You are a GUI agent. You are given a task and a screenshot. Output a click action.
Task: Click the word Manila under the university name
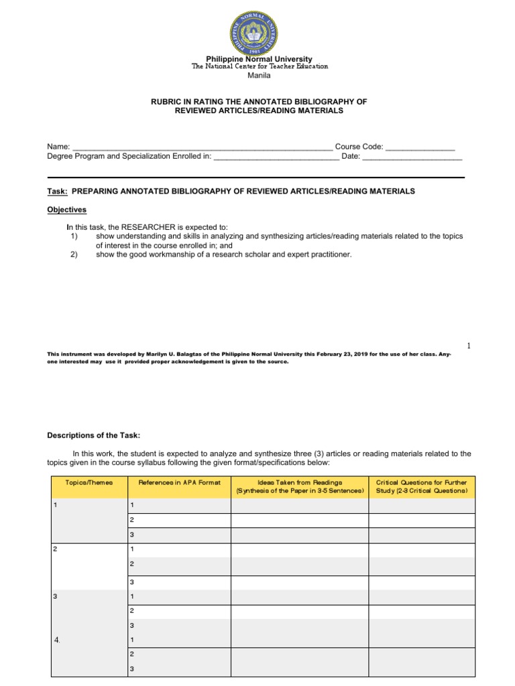(259, 76)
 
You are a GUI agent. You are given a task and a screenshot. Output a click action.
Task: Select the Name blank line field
(201, 147)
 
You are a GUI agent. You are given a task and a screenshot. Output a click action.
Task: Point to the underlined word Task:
(57, 192)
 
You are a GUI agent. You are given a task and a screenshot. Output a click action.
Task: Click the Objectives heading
(66, 210)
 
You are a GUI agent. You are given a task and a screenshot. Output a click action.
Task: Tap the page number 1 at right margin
(469, 345)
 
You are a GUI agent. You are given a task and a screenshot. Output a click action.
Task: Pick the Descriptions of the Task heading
(93, 435)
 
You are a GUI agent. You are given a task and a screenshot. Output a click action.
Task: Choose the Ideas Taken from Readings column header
(300, 486)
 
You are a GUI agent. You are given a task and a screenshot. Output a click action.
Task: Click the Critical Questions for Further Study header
(422, 486)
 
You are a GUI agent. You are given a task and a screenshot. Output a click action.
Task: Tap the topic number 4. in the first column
(57, 640)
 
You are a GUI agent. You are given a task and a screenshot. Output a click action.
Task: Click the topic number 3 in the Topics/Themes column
(55, 596)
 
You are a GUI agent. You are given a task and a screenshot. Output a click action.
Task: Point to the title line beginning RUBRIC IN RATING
(259, 101)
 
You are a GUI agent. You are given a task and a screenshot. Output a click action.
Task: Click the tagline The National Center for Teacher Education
(260, 66)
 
